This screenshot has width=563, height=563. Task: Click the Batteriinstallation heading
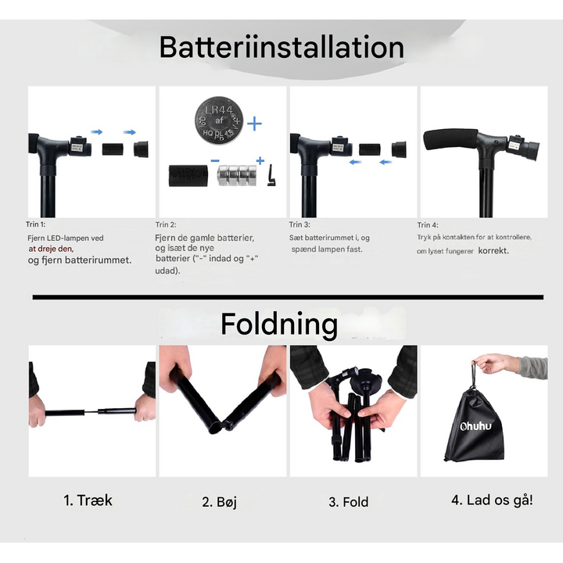[x=281, y=48]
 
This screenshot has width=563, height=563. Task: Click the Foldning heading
[x=278, y=324]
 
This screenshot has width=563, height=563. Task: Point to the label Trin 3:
[x=301, y=224]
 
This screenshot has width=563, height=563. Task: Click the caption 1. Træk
[x=88, y=500]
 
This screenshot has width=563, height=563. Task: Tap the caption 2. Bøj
[x=219, y=502]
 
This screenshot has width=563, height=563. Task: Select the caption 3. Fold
[x=348, y=502]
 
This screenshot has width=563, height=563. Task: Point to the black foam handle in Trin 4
[x=450, y=141]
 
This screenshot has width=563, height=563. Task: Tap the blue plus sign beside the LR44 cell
[x=254, y=124]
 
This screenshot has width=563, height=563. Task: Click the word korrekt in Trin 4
[x=493, y=251]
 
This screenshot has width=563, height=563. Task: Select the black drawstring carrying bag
[x=474, y=426]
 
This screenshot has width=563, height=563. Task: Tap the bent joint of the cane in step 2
[x=220, y=426]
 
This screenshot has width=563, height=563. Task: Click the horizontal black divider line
[x=288, y=297]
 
